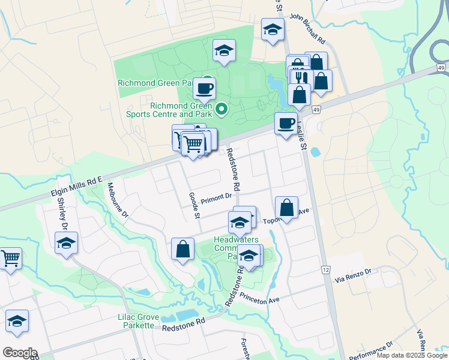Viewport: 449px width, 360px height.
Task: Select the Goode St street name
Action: pos(193,205)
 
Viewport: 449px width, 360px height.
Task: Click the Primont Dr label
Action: pos(216,197)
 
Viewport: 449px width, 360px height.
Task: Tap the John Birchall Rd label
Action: pos(307,29)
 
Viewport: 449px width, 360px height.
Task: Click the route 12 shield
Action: pos(325,271)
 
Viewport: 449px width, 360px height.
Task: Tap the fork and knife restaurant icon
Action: pos(302,77)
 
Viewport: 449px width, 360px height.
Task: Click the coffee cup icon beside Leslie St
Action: pos(285,122)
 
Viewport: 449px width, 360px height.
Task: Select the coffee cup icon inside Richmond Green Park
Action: pos(204,88)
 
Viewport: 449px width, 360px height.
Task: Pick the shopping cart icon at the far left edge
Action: pos(10,259)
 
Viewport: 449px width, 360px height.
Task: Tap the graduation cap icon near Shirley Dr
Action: pos(66,244)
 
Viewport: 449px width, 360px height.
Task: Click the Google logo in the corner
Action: pos(20,353)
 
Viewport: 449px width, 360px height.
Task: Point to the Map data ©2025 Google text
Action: pos(412,355)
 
